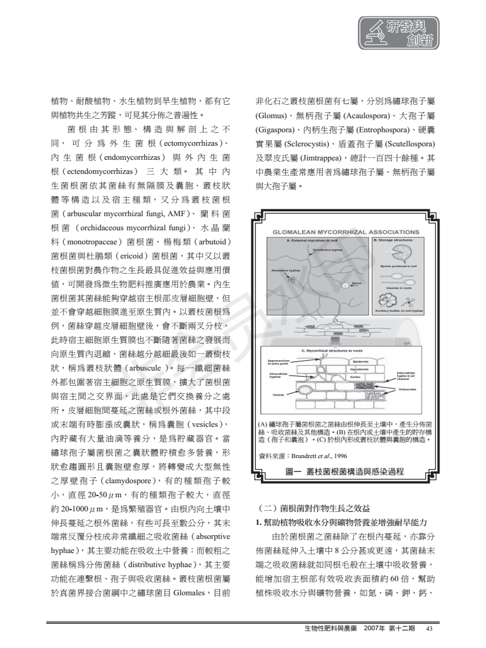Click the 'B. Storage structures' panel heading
(x=401, y=241)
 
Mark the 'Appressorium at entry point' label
(x=277, y=363)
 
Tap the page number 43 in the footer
(x=430, y=629)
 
